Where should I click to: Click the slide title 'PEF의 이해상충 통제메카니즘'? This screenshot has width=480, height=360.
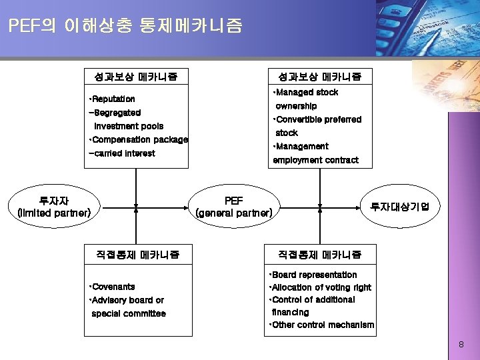126,26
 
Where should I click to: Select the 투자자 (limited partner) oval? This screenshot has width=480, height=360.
54,207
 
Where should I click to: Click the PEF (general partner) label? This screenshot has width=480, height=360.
234,207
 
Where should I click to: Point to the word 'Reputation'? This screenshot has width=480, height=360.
113,99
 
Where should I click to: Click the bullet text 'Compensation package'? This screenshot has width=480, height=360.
139,140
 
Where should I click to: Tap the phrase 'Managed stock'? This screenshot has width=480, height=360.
307,93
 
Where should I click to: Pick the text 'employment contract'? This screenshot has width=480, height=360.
315,160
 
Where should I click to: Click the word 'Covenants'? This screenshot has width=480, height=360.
113,287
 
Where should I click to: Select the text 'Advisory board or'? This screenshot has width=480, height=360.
127,300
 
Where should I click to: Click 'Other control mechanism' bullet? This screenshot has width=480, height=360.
322,325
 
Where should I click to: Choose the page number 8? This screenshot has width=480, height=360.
461,345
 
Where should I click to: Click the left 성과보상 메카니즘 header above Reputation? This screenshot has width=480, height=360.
136,77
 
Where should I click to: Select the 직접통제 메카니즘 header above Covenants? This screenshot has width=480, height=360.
137,254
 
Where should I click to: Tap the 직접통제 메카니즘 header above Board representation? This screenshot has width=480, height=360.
320,254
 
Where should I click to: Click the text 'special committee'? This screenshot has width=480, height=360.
129,313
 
